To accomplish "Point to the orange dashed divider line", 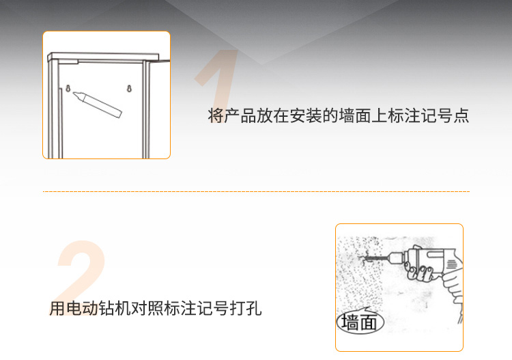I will (x=256, y=192).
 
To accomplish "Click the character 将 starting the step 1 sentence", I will (x=216, y=115).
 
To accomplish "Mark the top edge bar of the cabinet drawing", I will (x=102, y=56).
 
